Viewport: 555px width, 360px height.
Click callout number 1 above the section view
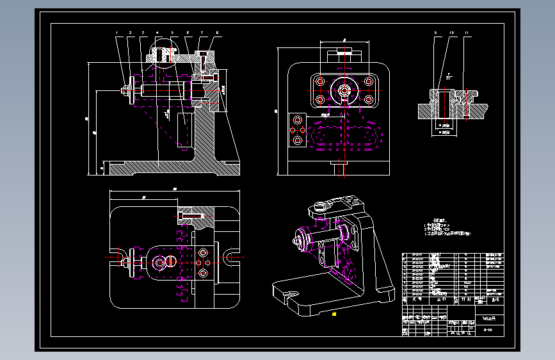pos(117,32)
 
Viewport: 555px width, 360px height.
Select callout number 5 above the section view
pos(173,32)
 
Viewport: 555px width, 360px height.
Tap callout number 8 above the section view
pos(217,32)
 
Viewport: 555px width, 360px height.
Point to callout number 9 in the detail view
pos(435,32)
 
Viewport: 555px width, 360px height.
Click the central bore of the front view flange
pos(344,90)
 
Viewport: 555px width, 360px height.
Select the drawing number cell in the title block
pos(488,330)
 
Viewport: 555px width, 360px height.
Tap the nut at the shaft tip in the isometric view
pos(297,241)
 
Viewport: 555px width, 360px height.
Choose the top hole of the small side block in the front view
pos(297,119)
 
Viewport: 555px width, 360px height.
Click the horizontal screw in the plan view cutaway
pos(191,211)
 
